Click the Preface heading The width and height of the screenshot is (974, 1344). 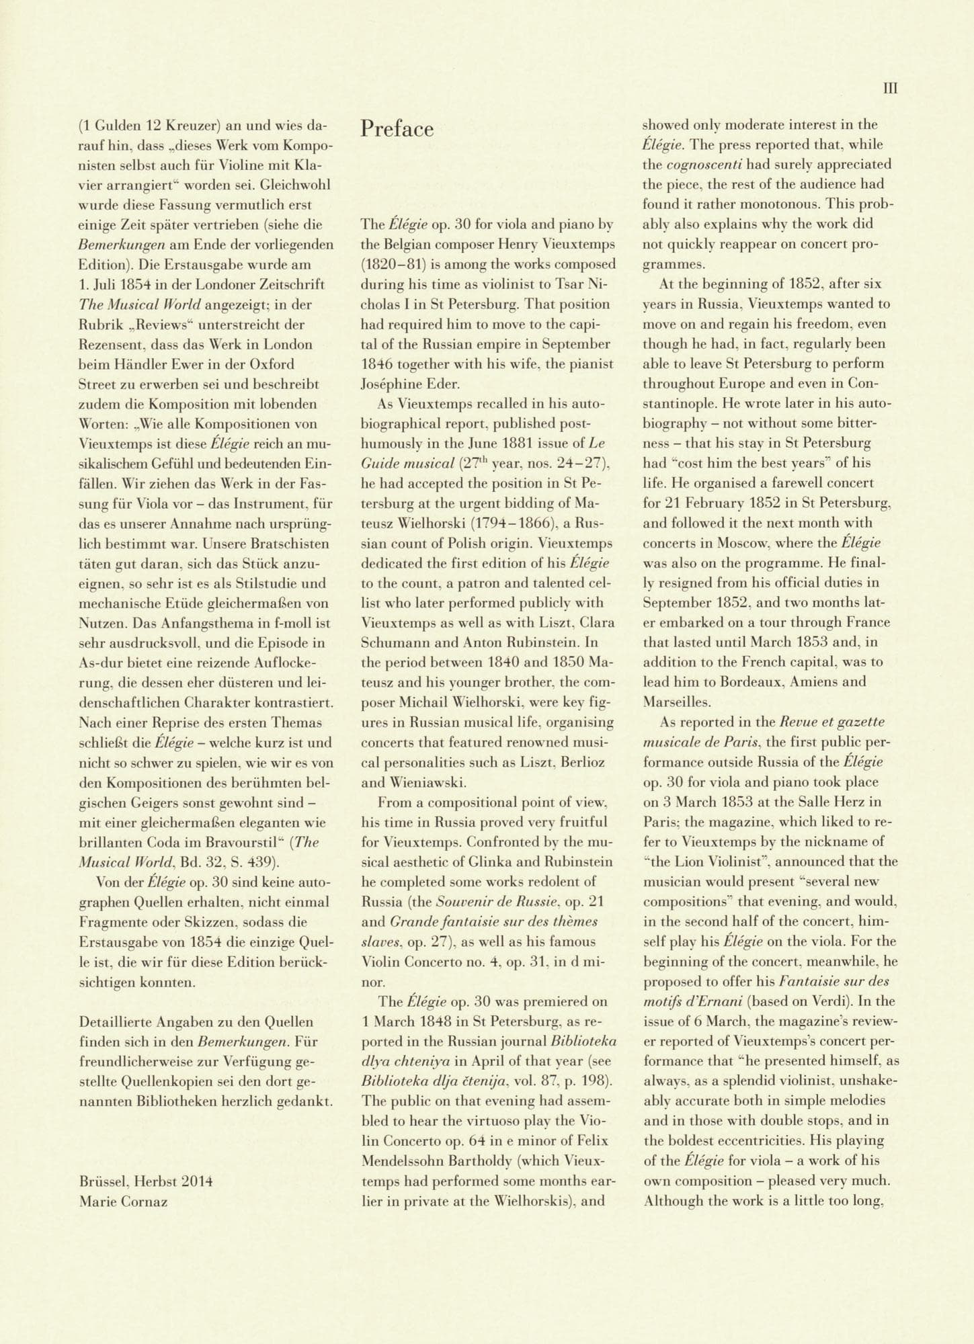tap(397, 128)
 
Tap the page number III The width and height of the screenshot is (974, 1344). tap(889, 88)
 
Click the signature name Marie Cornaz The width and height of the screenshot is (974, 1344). tap(123, 1201)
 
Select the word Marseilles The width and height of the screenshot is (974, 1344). tap(676, 702)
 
